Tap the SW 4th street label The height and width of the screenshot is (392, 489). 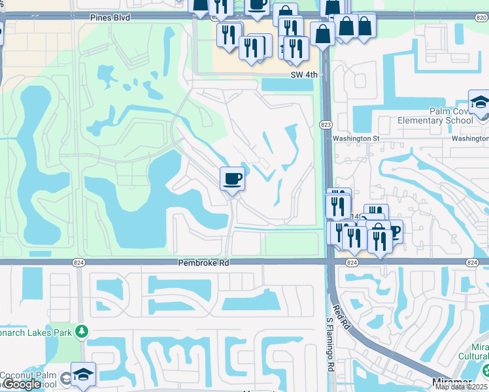point(304,75)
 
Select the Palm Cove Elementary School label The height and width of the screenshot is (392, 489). point(435,116)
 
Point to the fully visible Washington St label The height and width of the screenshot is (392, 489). point(356,139)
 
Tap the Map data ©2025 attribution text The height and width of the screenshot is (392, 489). point(462,387)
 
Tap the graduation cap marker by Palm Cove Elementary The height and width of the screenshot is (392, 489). point(481,103)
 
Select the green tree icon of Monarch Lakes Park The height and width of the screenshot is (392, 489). point(81,331)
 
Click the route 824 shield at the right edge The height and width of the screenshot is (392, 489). point(472,262)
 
